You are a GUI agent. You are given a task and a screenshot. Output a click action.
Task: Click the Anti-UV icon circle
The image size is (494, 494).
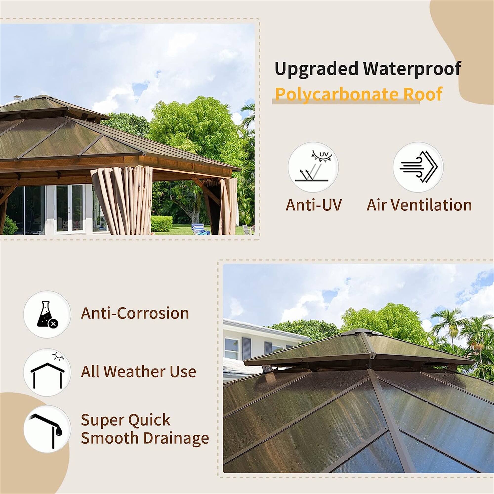point(313,167)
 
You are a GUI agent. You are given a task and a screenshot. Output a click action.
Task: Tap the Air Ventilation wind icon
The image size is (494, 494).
point(418,167)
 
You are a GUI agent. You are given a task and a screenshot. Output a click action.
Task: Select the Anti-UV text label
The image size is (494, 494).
point(313,205)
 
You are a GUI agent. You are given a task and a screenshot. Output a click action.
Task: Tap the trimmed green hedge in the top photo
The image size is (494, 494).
point(161,224)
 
